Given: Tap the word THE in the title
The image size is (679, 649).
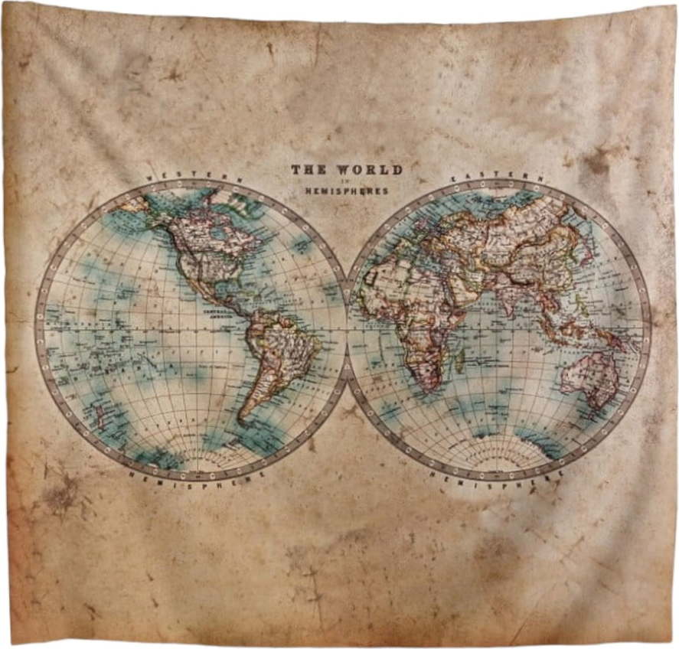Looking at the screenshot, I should tap(308, 170).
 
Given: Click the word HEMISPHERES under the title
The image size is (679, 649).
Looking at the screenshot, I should tap(347, 191).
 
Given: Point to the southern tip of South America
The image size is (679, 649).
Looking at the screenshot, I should tap(244, 419).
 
